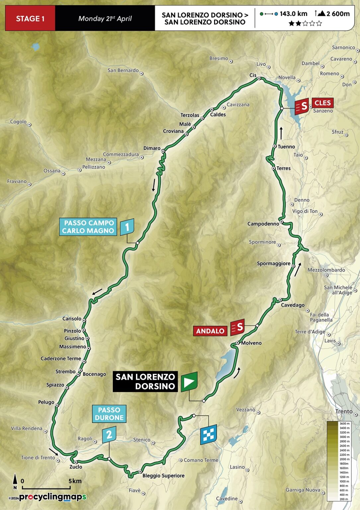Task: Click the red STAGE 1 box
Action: (x=30, y=19)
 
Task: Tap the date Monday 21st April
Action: (x=105, y=19)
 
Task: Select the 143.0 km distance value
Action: (x=293, y=14)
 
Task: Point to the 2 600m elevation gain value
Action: (x=338, y=14)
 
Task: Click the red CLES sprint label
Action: (x=323, y=103)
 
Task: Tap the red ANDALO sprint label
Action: (x=210, y=331)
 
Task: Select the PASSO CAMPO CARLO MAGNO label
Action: (x=88, y=227)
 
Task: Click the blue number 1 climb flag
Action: (x=127, y=227)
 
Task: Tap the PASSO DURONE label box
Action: (x=109, y=414)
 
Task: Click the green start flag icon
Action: (x=189, y=382)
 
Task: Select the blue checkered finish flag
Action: (x=208, y=434)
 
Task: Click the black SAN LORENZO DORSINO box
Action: (x=145, y=382)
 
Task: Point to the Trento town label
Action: (x=344, y=411)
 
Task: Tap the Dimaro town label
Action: (x=152, y=148)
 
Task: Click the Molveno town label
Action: (x=251, y=343)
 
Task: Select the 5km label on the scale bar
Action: (x=75, y=481)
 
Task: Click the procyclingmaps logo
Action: (x=52, y=497)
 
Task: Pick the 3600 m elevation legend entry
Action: (x=344, y=424)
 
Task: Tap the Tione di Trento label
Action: (x=38, y=458)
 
